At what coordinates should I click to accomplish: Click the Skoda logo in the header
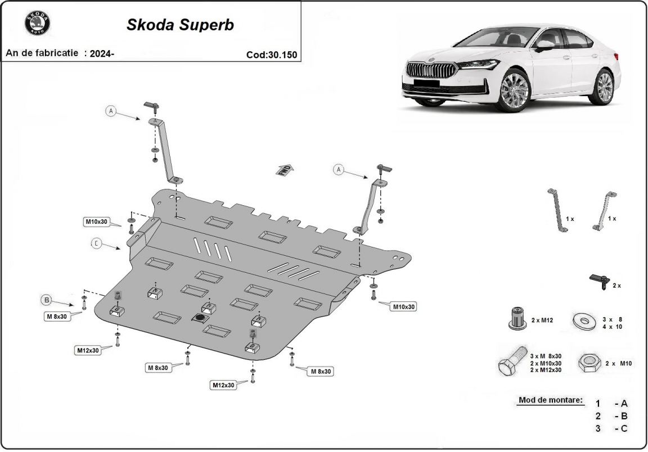[x=37, y=24]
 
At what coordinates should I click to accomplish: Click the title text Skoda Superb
[x=180, y=25]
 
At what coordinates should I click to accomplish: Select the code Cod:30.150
[x=271, y=55]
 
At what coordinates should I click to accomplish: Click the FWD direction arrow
[x=285, y=170]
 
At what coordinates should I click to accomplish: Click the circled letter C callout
[x=97, y=243]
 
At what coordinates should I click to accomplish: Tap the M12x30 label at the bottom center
[x=223, y=385]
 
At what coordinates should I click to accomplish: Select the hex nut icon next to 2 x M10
[x=589, y=363]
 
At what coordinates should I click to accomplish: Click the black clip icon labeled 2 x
[x=600, y=281]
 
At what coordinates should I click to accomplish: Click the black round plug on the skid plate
[x=200, y=319]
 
